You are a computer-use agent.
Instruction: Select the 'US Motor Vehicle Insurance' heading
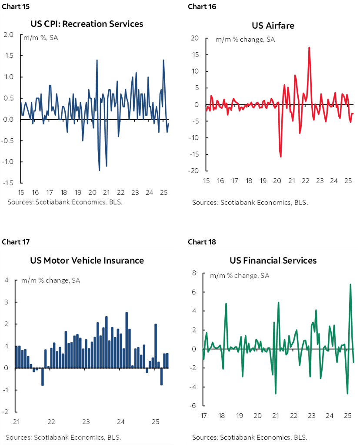click(x=87, y=261)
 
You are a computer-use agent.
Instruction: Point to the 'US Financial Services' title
click(x=273, y=261)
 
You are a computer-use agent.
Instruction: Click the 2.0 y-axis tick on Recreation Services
click(x=9, y=34)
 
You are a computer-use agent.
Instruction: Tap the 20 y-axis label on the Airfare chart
click(x=195, y=38)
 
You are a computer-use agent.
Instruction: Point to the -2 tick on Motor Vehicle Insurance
click(x=6, y=412)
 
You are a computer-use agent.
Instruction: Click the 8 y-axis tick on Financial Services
click(x=194, y=273)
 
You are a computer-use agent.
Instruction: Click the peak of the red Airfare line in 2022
click(x=309, y=47)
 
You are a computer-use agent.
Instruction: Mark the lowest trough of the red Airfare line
click(x=281, y=157)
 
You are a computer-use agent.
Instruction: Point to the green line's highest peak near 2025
click(x=350, y=284)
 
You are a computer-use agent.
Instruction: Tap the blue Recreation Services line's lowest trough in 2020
click(x=100, y=170)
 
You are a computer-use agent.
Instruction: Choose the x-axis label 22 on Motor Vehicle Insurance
click(x=51, y=422)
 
